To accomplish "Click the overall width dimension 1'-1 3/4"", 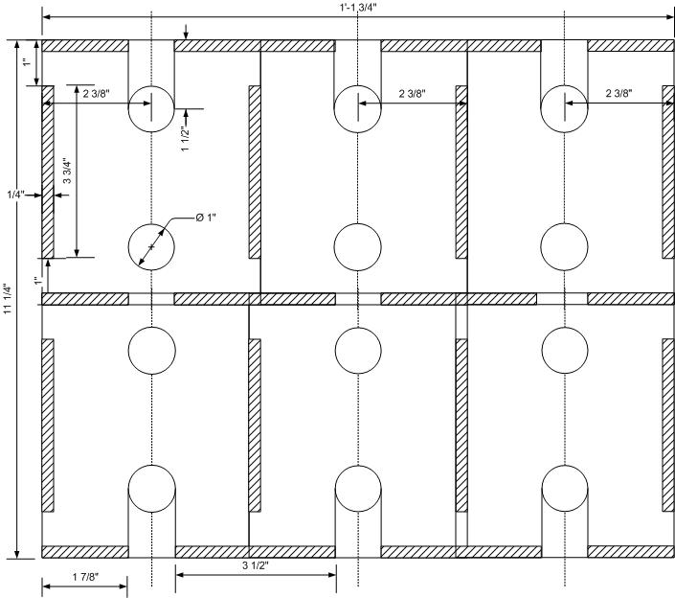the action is click(357, 9).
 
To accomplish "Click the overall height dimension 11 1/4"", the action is click(8, 299).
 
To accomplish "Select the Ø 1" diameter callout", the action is click(206, 218).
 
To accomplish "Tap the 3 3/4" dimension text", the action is click(67, 172).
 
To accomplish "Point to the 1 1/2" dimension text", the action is click(185, 139).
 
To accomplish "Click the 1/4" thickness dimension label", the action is click(16, 195).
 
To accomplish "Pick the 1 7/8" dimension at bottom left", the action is click(85, 577).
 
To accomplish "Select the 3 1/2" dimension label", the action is click(256, 565).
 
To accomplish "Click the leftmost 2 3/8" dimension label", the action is click(97, 94).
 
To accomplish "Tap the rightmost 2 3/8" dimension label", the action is click(619, 93).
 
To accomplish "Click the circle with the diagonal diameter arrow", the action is click(151, 247).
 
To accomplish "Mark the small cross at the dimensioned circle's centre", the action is click(151, 247).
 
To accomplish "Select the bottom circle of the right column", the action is click(565, 489).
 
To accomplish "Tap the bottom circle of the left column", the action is click(152, 489).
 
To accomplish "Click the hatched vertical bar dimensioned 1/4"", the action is click(48, 172).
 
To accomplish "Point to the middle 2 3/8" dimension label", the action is click(413, 94).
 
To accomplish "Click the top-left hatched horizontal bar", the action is click(85, 46).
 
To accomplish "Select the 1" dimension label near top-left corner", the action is click(27, 62).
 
